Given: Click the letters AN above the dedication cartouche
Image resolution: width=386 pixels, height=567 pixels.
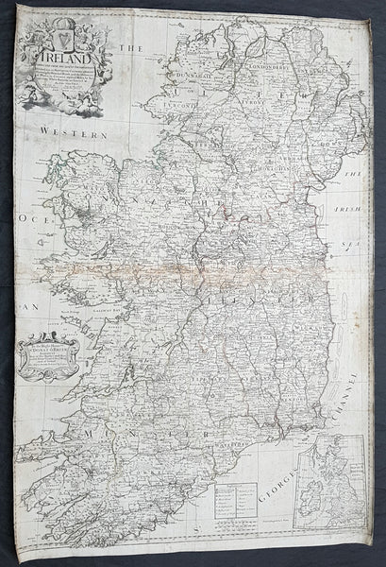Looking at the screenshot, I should [28, 309].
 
